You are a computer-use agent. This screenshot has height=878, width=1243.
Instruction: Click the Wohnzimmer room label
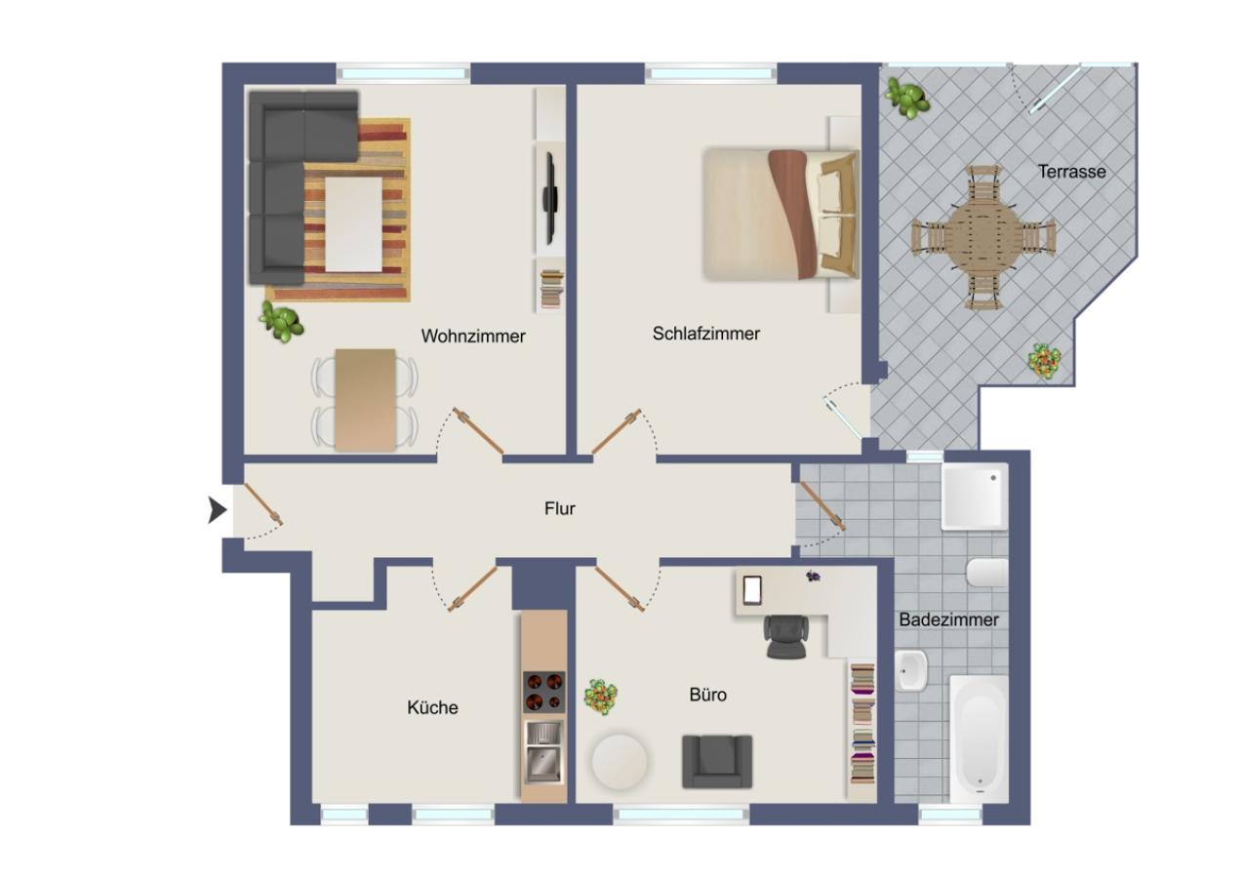click(473, 337)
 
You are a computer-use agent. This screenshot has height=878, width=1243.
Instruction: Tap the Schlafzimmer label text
click(705, 334)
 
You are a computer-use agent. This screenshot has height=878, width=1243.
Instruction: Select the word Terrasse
click(1071, 172)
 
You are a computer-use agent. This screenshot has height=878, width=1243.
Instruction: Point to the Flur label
click(560, 508)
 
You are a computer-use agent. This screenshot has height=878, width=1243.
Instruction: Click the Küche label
click(432, 707)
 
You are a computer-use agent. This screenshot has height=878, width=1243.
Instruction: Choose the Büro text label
click(707, 696)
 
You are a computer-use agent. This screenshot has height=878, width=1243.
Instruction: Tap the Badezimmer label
click(948, 619)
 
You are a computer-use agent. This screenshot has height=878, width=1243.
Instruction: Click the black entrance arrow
click(218, 509)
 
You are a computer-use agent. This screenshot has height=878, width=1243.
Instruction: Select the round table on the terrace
click(983, 237)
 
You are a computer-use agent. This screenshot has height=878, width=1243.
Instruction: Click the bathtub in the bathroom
click(979, 738)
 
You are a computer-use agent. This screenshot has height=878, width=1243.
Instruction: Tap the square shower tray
click(974, 496)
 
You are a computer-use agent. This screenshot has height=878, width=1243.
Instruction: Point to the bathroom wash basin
click(911, 671)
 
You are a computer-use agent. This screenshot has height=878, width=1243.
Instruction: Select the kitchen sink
click(542, 751)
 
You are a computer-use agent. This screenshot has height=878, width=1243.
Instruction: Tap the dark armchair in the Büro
click(717, 761)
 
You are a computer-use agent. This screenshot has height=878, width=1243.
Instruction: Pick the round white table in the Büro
click(620, 763)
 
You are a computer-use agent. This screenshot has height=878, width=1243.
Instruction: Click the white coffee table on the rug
click(353, 223)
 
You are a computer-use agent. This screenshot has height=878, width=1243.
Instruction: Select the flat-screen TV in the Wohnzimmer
click(549, 199)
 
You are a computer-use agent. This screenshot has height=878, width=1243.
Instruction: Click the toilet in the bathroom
click(985, 573)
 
